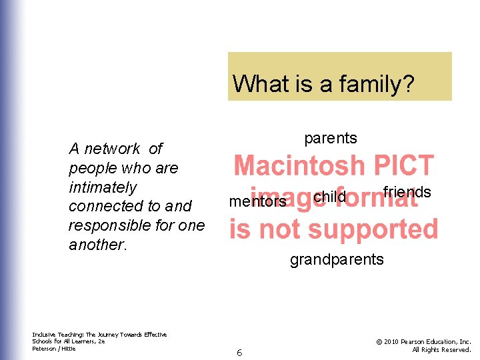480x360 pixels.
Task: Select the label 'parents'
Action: (x=331, y=138)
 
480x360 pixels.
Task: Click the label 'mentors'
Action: (x=257, y=201)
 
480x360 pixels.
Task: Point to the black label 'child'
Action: (x=329, y=197)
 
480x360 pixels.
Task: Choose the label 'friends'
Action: (x=407, y=193)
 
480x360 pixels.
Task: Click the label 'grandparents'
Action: (x=337, y=259)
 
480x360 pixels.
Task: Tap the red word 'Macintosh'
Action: (x=299, y=165)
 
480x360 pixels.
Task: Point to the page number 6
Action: (x=239, y=353)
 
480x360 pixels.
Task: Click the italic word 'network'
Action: (x=111, y=149)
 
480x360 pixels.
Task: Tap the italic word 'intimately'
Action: (x=102, y=187)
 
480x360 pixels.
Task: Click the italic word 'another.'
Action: (x=97, y=245)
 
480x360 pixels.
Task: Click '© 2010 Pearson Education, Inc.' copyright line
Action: (x=423, y=342)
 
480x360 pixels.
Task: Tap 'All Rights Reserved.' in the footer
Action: (x=441, y=349)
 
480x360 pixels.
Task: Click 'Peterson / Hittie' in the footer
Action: (x=54, y=348)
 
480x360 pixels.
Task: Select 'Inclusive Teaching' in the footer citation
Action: (x=57, y=335)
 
